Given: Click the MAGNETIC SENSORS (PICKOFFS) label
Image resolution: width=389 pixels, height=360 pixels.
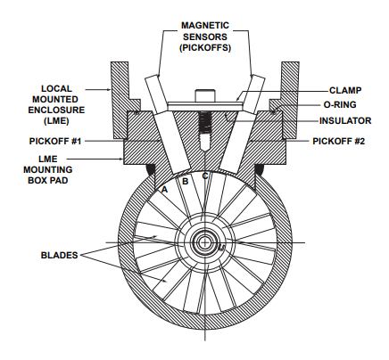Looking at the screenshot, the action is click(x=205, y=37).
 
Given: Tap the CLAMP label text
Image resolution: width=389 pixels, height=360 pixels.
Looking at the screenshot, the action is click(x=345, y=90).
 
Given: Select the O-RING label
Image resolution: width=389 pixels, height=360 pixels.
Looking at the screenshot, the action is click(x=340, y=104).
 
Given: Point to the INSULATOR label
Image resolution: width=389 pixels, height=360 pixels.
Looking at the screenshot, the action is click(x=345, y=121).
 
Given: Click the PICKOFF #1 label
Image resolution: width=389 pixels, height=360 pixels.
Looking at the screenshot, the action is click(x=55, y=141).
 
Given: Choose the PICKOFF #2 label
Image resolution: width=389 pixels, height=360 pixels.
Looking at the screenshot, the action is click(x=338, y=141).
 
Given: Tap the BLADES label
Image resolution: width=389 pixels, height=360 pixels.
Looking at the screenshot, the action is click(x=59, y=255).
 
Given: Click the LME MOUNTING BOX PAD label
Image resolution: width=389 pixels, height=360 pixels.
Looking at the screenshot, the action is click(x=48, y=169).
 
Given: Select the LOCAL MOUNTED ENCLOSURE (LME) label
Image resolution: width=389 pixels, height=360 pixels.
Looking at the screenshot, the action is click(x=56, y=104).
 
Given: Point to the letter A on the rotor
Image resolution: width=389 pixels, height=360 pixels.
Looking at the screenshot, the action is click(x=164, y=189).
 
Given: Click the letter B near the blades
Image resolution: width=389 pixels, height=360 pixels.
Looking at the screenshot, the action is click(x=185, y=181).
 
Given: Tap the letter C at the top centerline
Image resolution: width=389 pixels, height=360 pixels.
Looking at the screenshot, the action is click(x=205, y=176).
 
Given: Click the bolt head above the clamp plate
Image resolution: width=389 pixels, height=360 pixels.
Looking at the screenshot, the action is click(x=205, y=95).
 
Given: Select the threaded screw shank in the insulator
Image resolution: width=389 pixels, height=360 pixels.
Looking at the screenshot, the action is click(x=205, y=125).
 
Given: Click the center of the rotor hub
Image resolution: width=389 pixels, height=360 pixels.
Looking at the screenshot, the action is click(x=205, y=242).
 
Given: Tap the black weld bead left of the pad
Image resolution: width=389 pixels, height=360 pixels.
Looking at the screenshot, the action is click(x=151, y=170).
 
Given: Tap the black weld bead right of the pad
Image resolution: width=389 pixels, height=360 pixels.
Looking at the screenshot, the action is click(x=260, y=170).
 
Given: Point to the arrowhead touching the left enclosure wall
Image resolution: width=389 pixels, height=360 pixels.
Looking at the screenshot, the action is click(x=109, y=89).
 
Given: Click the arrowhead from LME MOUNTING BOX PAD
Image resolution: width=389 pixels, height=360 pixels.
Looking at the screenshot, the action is click(x=121, y=160).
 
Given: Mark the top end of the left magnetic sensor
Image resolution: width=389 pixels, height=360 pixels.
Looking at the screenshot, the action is click(x=152, y=77).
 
